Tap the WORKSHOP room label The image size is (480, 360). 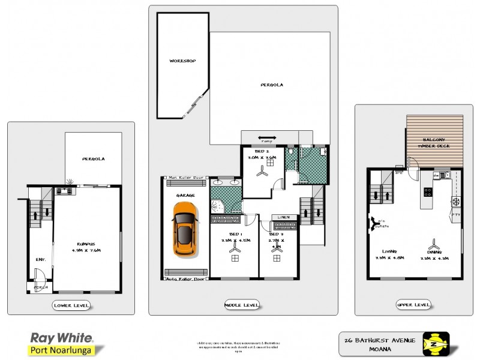coord(182,61)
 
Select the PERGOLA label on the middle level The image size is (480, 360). coord(272,85)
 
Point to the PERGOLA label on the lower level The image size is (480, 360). coord(94,159)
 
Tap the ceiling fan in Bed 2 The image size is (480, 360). coord(262,172)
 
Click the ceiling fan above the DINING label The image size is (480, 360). coord(434,244)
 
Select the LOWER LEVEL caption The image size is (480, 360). coord(71,305)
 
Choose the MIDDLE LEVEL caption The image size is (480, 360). coord(242,305)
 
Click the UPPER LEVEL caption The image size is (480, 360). coord(413,305)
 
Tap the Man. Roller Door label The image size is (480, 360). coord(185,178)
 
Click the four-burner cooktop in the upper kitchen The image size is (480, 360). coord(430,193)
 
